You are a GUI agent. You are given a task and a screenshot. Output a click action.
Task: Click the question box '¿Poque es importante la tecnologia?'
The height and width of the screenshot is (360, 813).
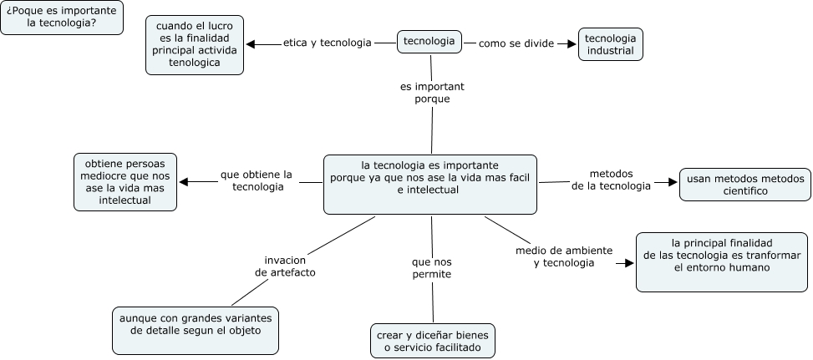click(x=62, y=18)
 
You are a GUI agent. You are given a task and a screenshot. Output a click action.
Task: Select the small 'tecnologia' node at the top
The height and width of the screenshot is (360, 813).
click(x=429, y=41)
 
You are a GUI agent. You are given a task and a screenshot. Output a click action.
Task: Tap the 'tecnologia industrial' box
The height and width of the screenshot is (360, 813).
click(x=610, y=44)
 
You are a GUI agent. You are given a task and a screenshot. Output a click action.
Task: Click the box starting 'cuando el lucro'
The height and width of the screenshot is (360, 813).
click(x=195, y=44)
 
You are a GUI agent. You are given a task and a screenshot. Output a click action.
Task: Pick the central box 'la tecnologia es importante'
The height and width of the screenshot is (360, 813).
click(x=429, y=184)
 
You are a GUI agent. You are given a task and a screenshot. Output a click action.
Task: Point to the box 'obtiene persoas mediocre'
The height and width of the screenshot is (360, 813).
click(x=125, y=181)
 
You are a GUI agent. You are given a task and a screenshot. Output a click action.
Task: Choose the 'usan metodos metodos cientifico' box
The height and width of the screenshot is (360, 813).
click(x=744, y=185)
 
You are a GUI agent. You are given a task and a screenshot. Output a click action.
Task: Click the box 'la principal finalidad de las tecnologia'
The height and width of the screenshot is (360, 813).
click(x=722, y=261)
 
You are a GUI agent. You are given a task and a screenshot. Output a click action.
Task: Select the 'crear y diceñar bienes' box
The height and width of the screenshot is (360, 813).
click(x=433, y=341)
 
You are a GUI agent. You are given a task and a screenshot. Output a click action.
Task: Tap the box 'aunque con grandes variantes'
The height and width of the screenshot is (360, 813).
click(x=196, y=330)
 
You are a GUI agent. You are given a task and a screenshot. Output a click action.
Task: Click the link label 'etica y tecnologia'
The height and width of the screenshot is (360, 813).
click(x=327, y=43)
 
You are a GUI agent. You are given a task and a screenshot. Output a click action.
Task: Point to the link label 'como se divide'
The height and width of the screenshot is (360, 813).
click(x=516, y=43)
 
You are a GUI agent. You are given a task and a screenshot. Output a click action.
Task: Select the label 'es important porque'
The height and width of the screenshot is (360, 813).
click(x=432, y=93)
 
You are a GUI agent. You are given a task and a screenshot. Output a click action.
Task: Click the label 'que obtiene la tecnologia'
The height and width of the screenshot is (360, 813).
click(x=257, y=180)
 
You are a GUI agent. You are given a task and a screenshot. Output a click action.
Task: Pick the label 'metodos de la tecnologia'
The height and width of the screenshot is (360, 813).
click(x=611, y=180)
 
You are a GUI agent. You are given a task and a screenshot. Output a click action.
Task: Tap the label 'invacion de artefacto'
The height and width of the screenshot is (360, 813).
click(x=285, y=266)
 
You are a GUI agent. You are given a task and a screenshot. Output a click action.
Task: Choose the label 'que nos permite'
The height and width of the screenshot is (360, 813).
click(x=432, y=268)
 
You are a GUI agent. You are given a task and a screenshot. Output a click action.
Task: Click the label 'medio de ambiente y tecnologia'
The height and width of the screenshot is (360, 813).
click(x=564, y=256)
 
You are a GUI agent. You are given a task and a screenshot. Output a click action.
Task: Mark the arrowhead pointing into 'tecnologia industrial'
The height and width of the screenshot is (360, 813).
click(x=572, y=43)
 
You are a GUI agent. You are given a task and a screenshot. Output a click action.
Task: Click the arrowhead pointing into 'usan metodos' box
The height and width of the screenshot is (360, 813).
click(x=671, y=181)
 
